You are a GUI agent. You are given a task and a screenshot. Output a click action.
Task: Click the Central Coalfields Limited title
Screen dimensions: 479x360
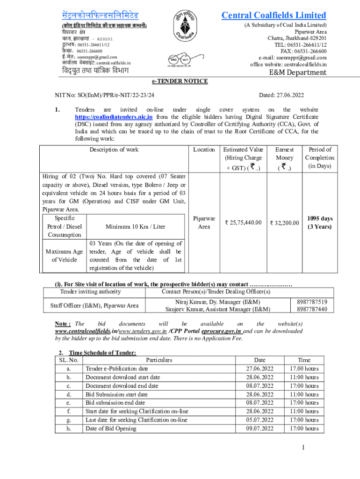(x=274, y=15)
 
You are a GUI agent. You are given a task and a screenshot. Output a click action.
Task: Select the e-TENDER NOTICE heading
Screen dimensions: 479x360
(x=180, y=81)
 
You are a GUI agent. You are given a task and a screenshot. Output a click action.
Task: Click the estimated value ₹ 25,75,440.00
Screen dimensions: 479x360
(x=243, y=222)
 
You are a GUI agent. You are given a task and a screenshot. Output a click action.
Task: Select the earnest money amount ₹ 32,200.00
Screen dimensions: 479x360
(x=284, y=223)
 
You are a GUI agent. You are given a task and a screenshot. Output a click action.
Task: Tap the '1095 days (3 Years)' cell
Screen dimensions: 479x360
(x=320, y=223)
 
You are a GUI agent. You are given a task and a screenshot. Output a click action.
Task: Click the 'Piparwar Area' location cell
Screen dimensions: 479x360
(x=204, y=222)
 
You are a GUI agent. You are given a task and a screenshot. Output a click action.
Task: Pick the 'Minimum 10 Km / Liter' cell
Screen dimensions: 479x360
(x=135, y=226)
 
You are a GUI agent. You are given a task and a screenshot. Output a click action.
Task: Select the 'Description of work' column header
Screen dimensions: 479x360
(x=114, y=150)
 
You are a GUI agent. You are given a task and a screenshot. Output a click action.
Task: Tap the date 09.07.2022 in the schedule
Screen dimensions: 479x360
(x=260, y=428)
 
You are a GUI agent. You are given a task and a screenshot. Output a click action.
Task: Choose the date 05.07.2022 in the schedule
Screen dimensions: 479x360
(x=260, y=420)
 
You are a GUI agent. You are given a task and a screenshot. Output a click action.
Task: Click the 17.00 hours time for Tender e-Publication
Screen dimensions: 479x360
(x=304, y=369)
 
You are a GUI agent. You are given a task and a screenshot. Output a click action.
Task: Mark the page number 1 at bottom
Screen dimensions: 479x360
(x=303, y=448)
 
